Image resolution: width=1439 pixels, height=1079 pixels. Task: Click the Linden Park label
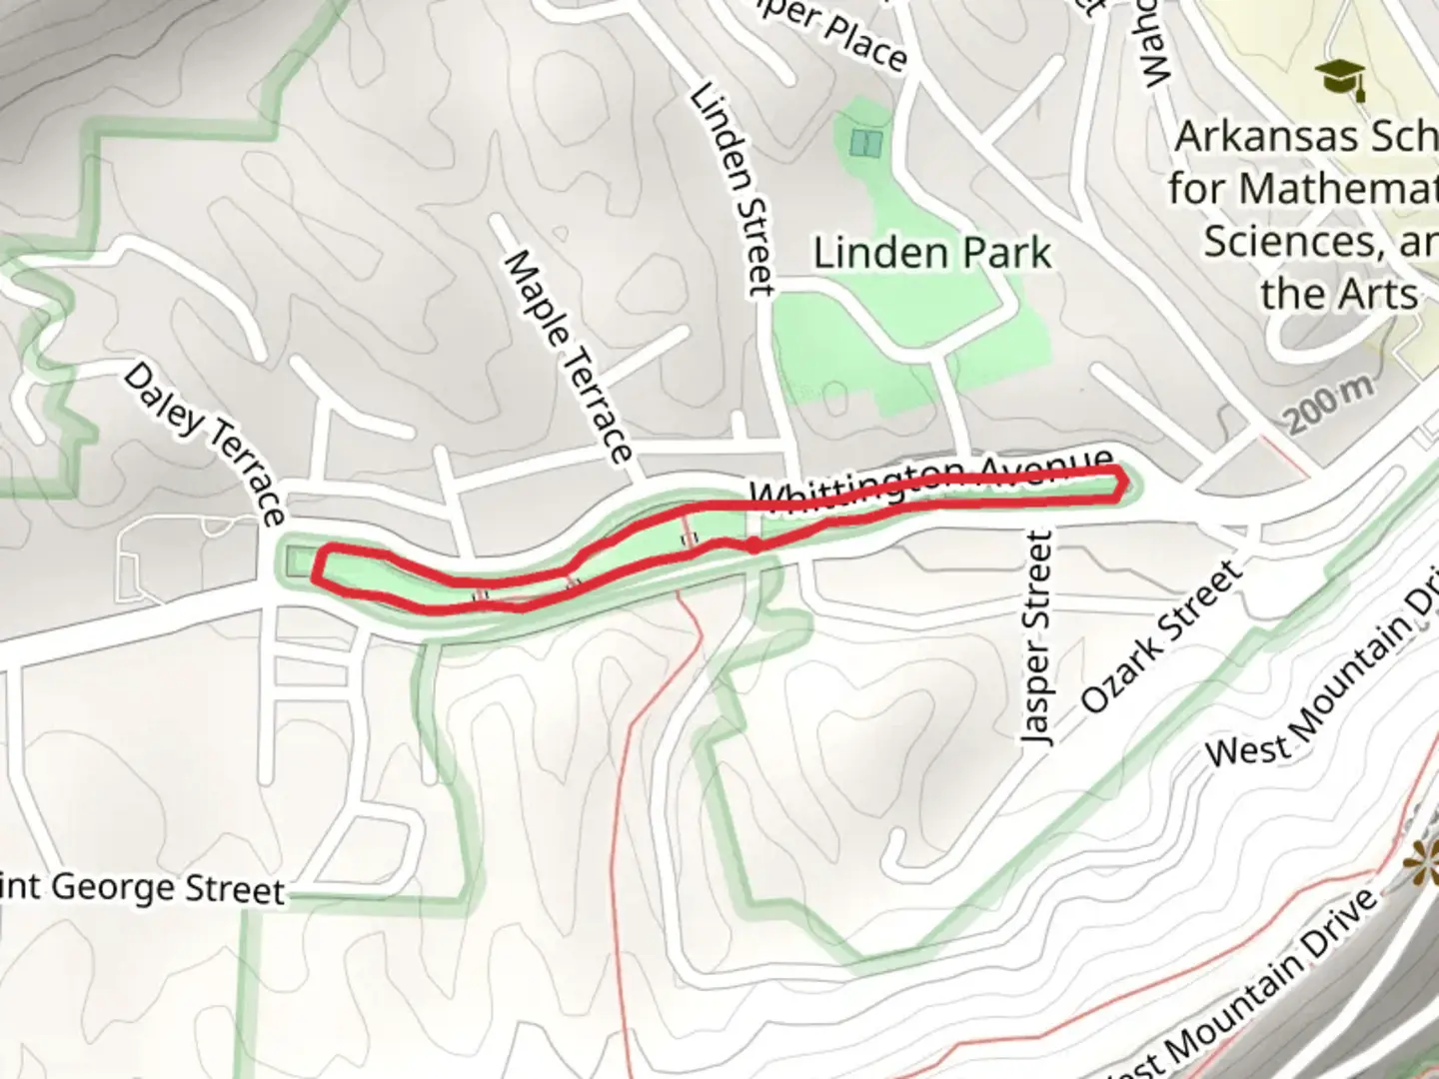coord(931,253)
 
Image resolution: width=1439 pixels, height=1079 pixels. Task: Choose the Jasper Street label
coord(1037,637)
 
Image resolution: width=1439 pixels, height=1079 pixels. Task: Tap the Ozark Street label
coord(1162,636)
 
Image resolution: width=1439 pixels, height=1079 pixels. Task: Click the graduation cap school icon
coord(1339,78)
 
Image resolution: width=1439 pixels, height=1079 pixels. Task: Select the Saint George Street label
coord(140,887)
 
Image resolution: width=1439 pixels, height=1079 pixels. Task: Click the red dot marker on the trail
coord(752,544)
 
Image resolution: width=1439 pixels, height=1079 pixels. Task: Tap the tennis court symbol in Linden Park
coord(865,143)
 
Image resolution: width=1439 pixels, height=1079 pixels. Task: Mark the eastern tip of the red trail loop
coord(1124,483)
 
